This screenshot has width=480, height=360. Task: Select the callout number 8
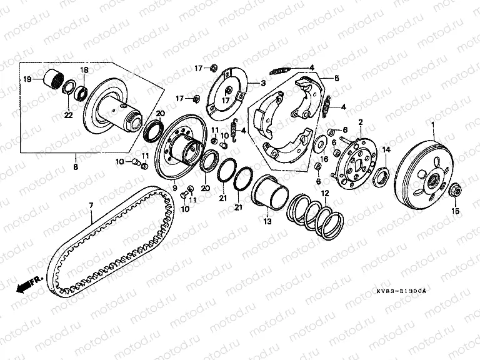(76, 167)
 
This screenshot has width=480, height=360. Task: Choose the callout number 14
(386, 149)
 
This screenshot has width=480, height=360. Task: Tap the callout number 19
(27, 79)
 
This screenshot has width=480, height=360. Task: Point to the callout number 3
(263, 83)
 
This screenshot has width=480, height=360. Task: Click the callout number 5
(336, 78)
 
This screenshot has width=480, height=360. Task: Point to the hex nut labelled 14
(381, 174)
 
